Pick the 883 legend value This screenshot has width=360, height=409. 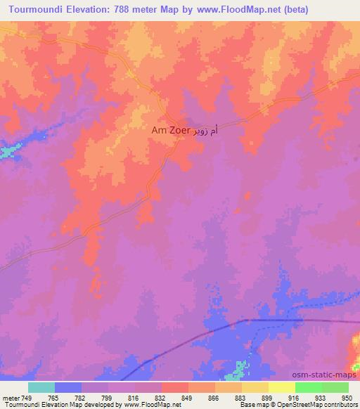point(242,397)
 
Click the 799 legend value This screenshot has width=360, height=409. point(108,397)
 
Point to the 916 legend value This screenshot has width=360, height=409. point(295,397)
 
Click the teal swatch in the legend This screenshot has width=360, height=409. point(41,387)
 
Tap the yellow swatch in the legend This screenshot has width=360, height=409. point(281,387)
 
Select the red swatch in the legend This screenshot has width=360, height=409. point(174,387)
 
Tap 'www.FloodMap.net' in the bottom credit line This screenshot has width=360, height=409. point(152,405)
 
